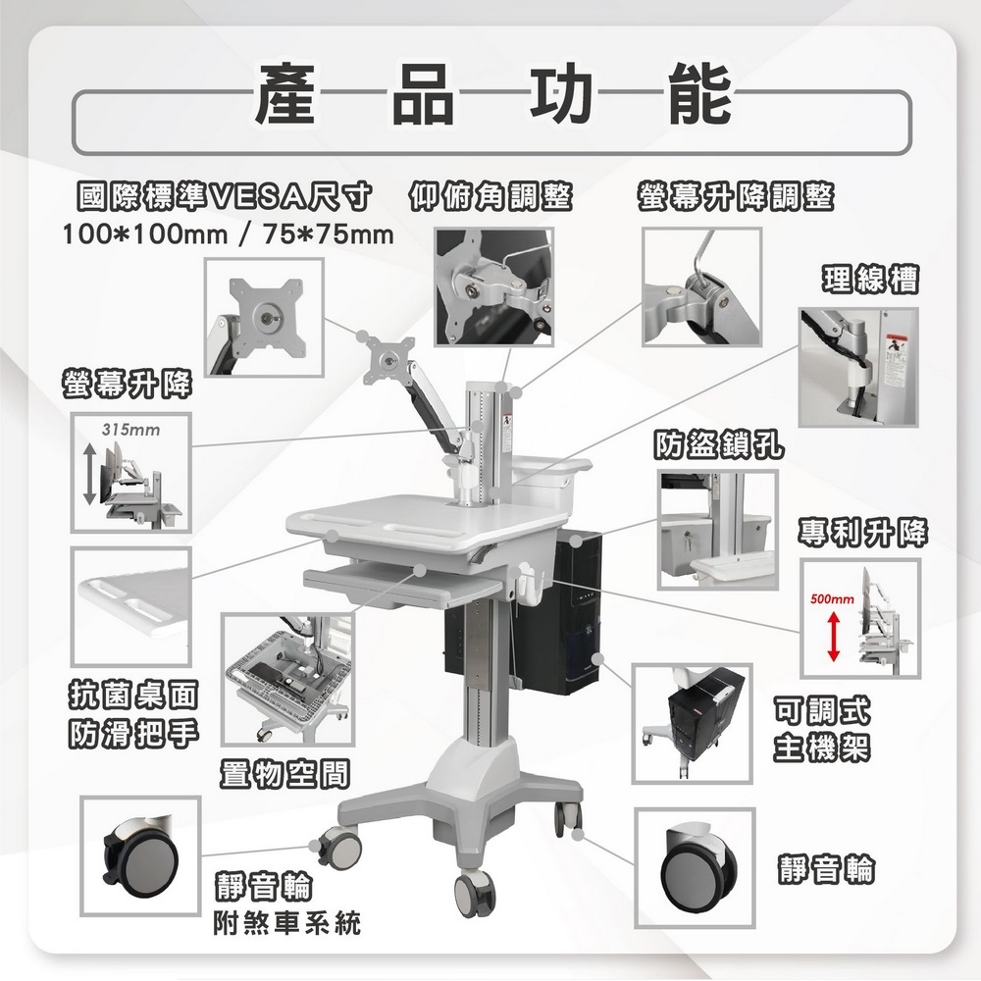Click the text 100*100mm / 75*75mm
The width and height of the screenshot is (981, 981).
point(228,235)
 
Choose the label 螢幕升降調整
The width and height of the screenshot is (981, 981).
point(735,196)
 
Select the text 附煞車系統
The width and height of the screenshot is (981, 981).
point(286,923)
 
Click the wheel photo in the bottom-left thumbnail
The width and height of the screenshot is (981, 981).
point(140,849)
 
